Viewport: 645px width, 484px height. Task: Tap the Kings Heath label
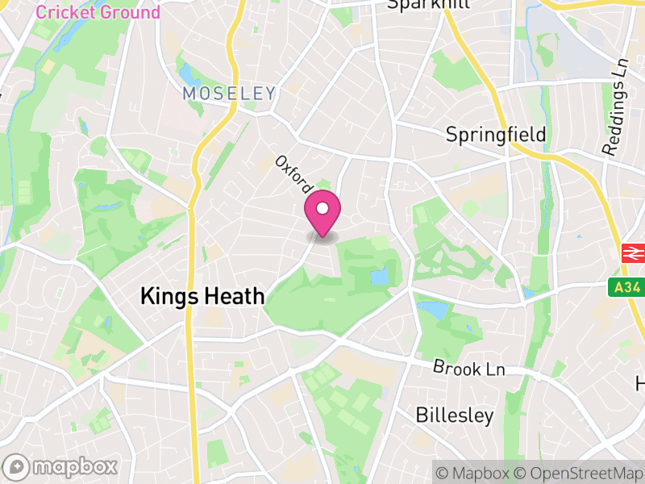[202, 296]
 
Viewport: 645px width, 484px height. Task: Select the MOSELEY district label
[229, 94]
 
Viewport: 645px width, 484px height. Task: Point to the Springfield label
[496, 134]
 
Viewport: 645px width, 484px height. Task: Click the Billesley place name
[454, 415]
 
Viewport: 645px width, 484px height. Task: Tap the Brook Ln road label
[469, 368]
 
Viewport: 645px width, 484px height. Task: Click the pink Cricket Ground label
[98, 12]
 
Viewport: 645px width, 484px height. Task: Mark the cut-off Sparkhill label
[417, 4]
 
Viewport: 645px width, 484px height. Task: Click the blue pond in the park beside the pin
[379, 277]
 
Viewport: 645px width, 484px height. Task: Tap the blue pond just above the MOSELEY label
[189, 75]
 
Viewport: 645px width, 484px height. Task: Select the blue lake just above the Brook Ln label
[431, 310]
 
